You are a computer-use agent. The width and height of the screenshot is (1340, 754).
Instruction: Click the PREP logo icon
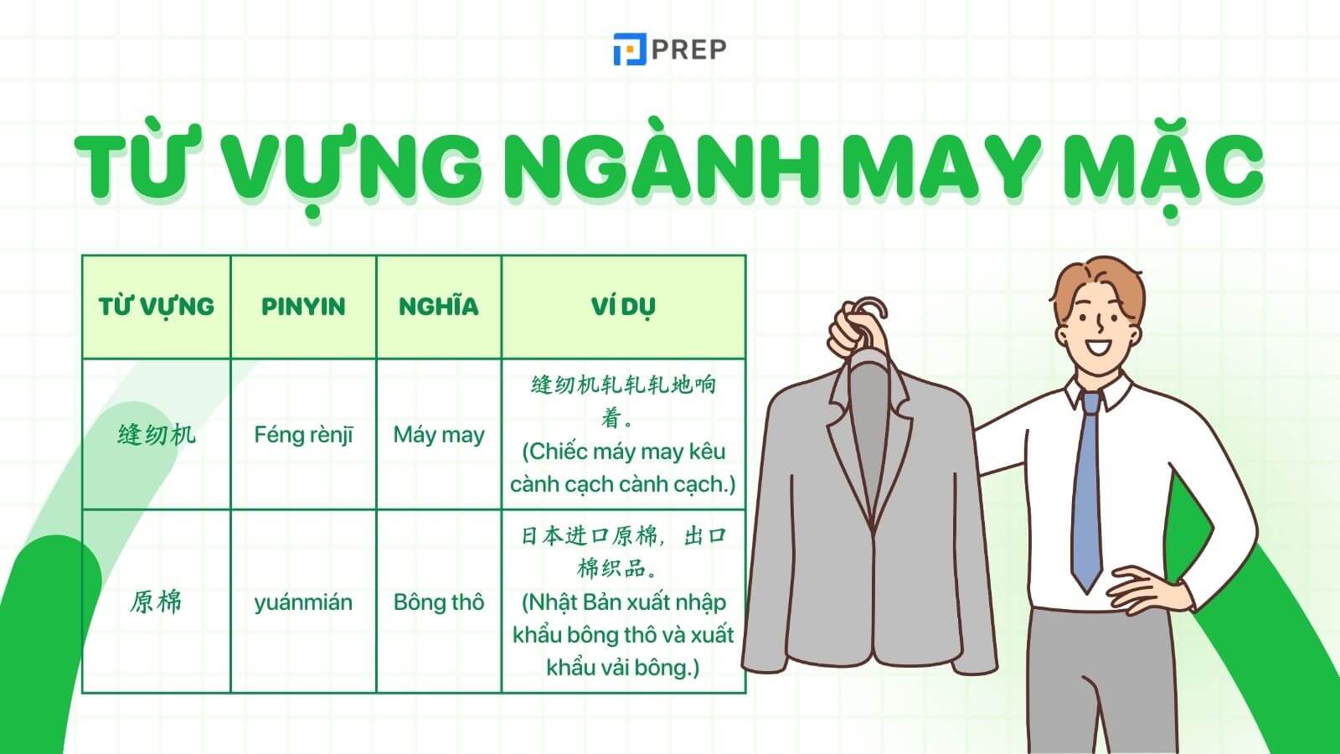[630, 49]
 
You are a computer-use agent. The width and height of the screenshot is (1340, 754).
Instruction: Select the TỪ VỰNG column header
[157, 307]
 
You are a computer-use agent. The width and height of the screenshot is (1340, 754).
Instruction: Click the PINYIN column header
[303, 307]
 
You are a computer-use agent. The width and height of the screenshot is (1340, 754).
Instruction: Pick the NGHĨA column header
[439, 307]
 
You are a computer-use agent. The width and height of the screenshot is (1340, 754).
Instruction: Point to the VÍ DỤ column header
[623, 307]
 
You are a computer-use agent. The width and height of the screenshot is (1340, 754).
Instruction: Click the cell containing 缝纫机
[157, 435]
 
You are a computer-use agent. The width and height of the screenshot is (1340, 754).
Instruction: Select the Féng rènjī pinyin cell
[303, 435]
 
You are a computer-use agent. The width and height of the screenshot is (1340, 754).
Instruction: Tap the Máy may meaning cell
[439, 435]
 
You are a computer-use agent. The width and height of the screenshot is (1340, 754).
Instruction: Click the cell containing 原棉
[157, 602]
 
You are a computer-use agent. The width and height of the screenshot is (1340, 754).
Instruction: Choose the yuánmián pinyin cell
[303, 602]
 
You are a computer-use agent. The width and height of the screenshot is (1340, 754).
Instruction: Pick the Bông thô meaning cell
[439, 602]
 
